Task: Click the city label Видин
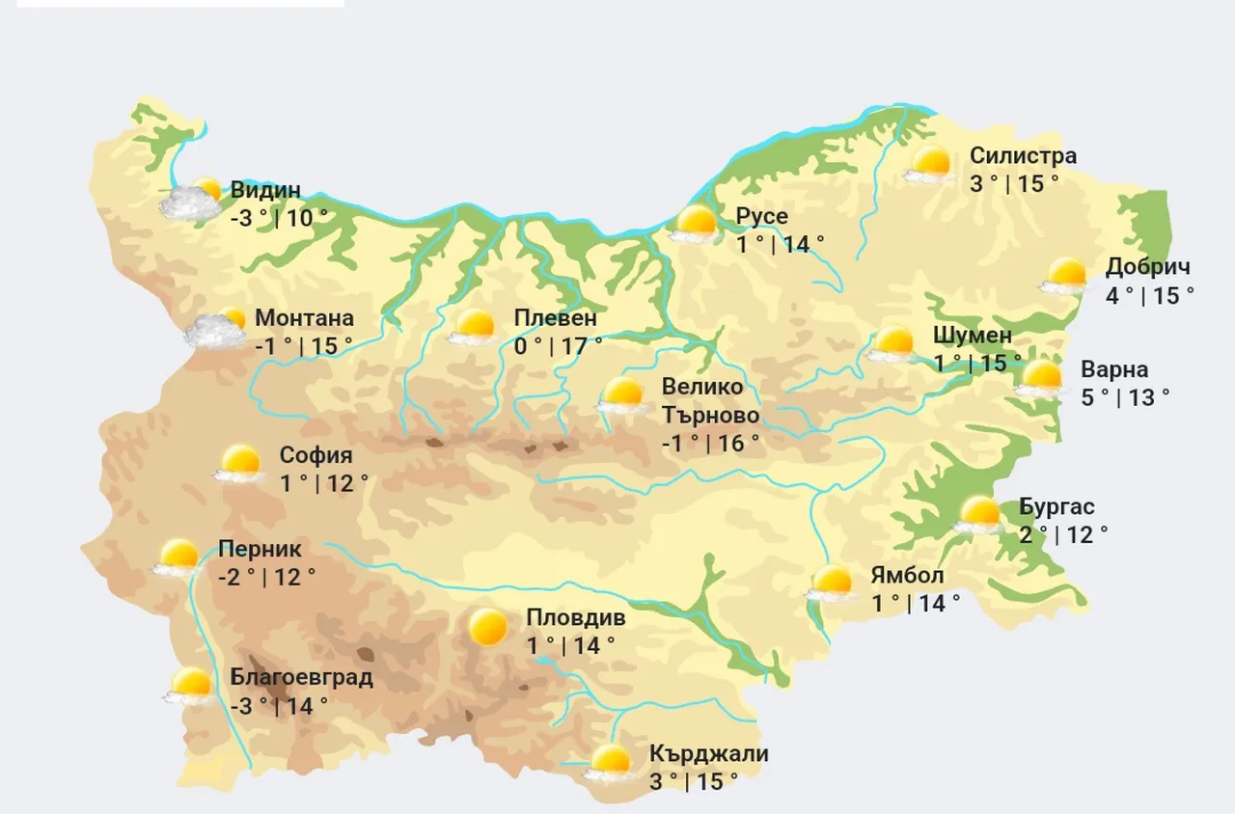[265, 191]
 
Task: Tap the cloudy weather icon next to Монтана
[217, 329]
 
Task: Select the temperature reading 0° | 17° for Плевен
[559, 345]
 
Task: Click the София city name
[316, 456]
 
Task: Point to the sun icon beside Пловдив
[487, 628]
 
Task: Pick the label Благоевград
[301, 677]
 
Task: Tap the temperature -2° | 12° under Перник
[267, 578]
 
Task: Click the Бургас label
[1057, 507]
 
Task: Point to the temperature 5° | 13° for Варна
[1125, 397]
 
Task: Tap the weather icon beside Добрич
[1065, 276]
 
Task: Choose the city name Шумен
[973, 336]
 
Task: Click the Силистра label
[1023, 156]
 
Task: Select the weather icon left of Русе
[696, 224]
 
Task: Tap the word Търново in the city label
[710, 416]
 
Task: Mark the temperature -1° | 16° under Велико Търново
[710, 443]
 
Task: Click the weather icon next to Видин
[191, 199]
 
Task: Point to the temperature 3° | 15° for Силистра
[1014, 183]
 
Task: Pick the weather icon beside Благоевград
[190, 686]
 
